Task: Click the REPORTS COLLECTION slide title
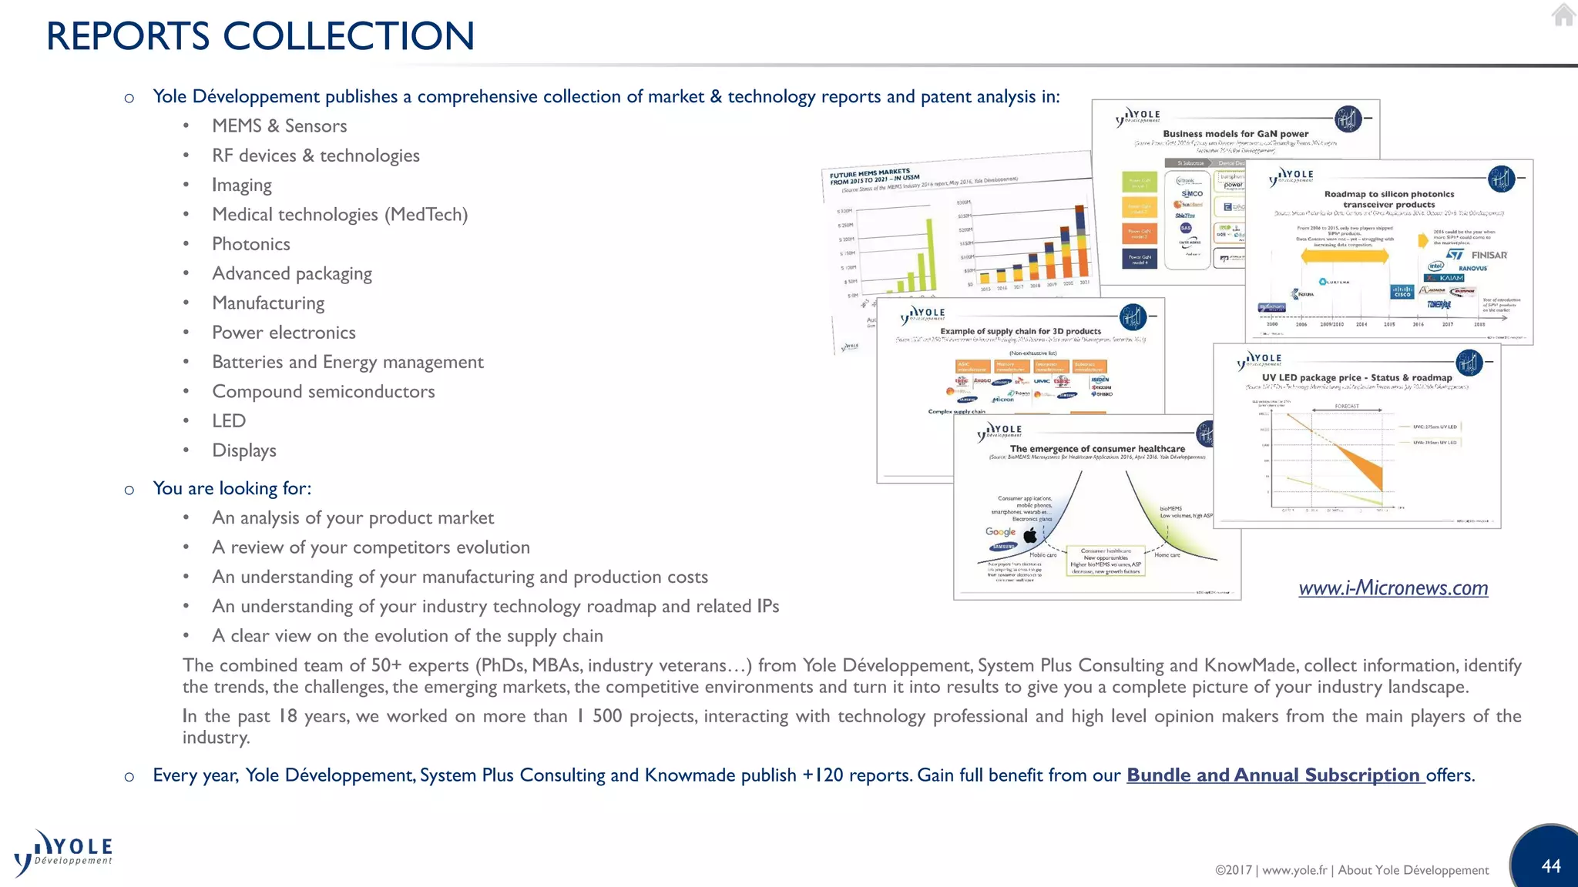click(x=260, y=36)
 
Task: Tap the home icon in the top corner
click(x=1563, y=15)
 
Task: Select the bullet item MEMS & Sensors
click(x=279, y=126)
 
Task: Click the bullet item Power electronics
click(x=284, y=333)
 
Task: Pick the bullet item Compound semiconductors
click(x=323, y=391)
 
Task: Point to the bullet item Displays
click(x=243, y=450)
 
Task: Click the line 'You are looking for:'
click(x=232, y=488)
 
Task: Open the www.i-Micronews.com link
click(x=1393, y=588)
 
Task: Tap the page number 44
click(x=1551, y=866)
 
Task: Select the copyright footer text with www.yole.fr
click(x=1351, y=870)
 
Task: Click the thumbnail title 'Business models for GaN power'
click(x=1235, y=134)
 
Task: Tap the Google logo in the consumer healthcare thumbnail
click(x=1000, y=532)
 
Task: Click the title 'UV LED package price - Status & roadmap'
click(x=1356, y=378)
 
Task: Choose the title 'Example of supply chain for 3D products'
click(x=1020, y=331)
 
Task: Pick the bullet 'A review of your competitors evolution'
click(x=371, y=547)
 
